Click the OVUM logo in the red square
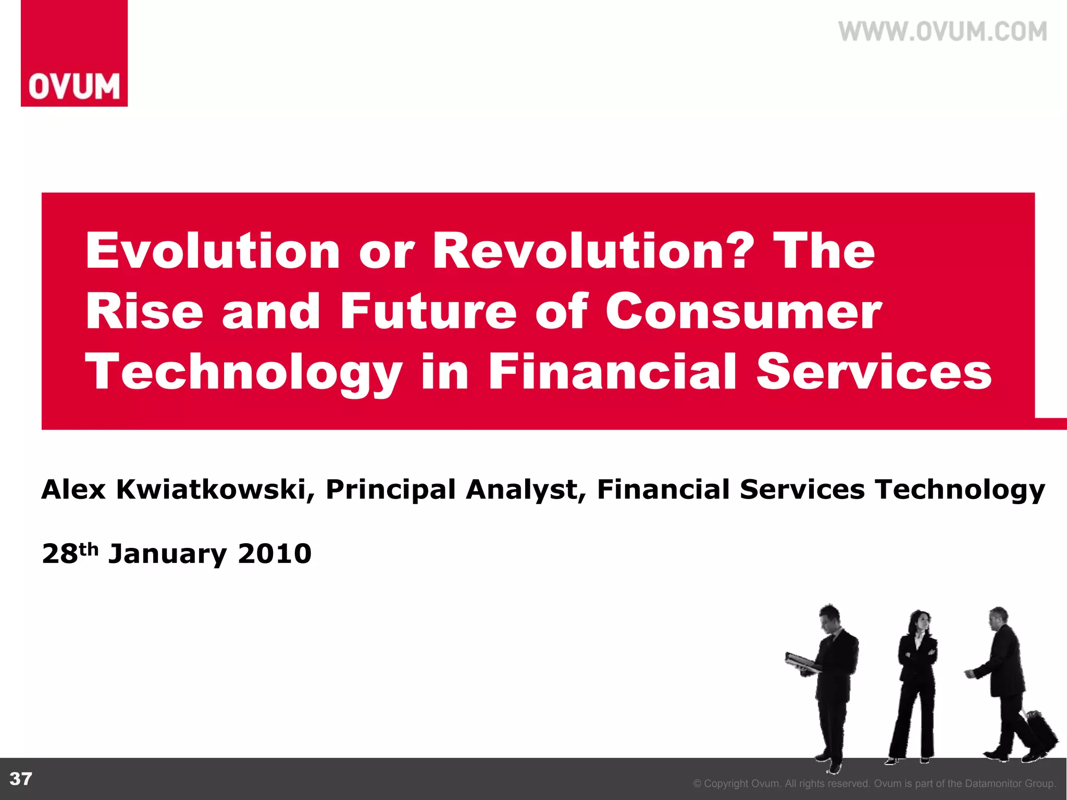point(74,86)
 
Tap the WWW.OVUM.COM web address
point(942,32)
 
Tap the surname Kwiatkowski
point(211,490)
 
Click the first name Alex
point(73,490)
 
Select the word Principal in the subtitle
point(390,491)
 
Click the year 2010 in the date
point(275,554)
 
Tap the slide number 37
point(21,779)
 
